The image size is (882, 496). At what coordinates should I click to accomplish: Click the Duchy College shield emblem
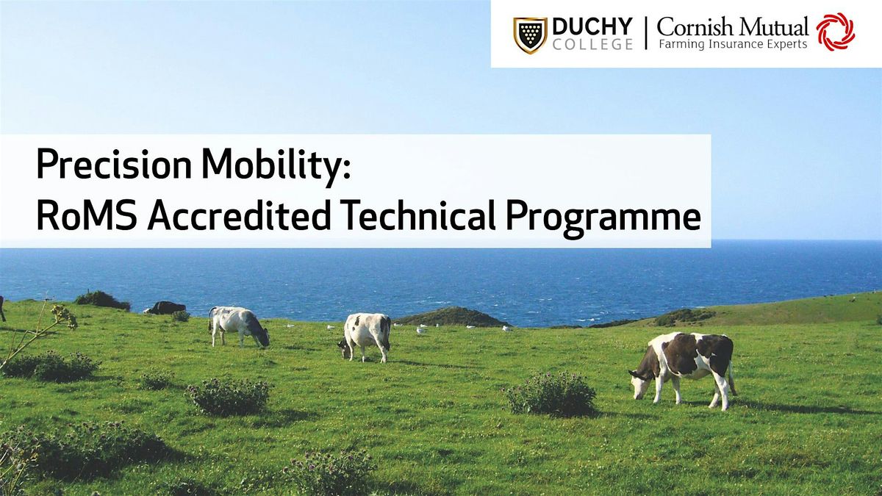(530, 35)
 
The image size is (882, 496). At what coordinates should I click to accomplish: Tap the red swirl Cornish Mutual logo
(836, 32)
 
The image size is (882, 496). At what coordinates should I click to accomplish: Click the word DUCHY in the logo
(592, 27)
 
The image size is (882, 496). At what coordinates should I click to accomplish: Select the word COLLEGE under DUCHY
(592, 45)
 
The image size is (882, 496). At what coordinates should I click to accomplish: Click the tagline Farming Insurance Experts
(733, 44)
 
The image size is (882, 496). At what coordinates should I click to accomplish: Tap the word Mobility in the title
(276, 165)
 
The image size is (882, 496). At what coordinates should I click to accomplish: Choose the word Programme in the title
(603, 218)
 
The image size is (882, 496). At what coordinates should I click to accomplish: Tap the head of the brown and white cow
(639, 383)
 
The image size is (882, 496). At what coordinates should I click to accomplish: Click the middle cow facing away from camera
(365, 337)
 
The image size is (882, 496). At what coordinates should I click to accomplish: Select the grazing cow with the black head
(240, 327)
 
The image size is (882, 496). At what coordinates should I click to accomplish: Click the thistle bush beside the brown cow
(551, 394)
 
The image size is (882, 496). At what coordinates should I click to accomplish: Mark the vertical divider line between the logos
(646, 33)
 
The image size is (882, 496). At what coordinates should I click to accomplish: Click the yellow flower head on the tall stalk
(64, 316)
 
